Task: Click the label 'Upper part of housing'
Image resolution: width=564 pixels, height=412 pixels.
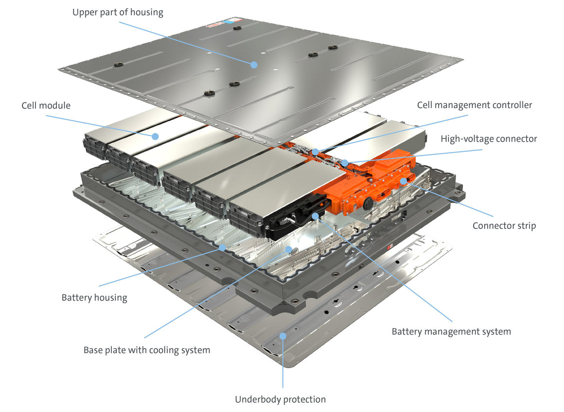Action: coord(118,12)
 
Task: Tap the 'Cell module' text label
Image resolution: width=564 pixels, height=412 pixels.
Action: coord(46,106)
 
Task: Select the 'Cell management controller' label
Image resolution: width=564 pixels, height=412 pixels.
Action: coord(474,105)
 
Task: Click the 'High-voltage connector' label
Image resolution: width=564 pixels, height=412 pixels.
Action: coord(489,139)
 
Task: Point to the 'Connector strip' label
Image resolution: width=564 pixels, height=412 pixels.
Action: coord(504,226)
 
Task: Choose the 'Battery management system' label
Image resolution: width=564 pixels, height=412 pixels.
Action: coord(451,332)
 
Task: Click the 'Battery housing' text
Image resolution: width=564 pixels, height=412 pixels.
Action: coord(94,298)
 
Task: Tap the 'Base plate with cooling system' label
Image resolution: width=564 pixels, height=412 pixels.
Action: coord(147,350)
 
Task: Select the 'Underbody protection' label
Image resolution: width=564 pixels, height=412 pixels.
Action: coord(280,399)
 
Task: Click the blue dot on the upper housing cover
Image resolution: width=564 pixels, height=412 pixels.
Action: coord(253,64)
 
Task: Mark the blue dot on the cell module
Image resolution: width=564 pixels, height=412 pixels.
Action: coord(155,136)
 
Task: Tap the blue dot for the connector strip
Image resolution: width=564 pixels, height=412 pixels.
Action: coord(403,181)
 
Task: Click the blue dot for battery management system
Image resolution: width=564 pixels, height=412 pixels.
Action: coord(316,215)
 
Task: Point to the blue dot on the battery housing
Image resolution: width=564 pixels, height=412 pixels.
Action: coord(222,247)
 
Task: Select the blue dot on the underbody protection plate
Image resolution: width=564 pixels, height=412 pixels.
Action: coord(282,336)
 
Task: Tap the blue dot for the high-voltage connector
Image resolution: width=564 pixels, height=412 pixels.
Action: coord(345,162)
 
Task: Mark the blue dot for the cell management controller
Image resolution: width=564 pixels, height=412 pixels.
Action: coord(316,152)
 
